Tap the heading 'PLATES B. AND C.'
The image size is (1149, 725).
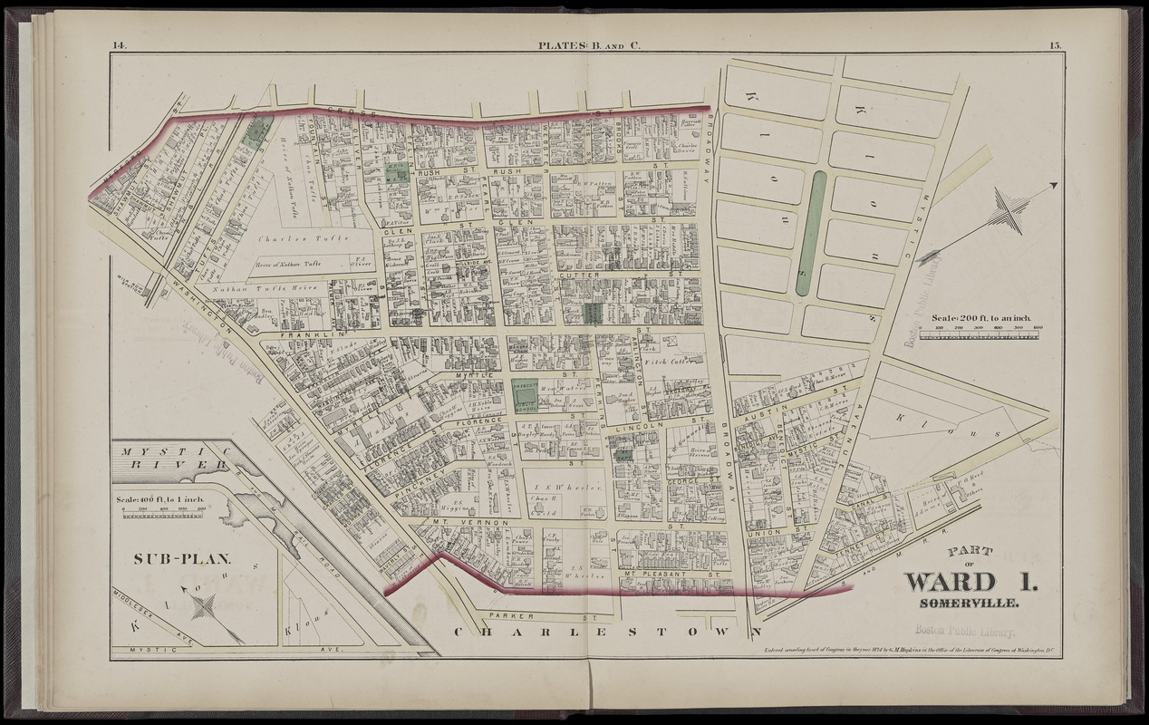coord(588,44)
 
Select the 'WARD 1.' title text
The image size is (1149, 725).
coord(970,582)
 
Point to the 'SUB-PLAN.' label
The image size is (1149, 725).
coord(169,558)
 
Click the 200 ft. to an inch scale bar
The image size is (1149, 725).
coord(979,333)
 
